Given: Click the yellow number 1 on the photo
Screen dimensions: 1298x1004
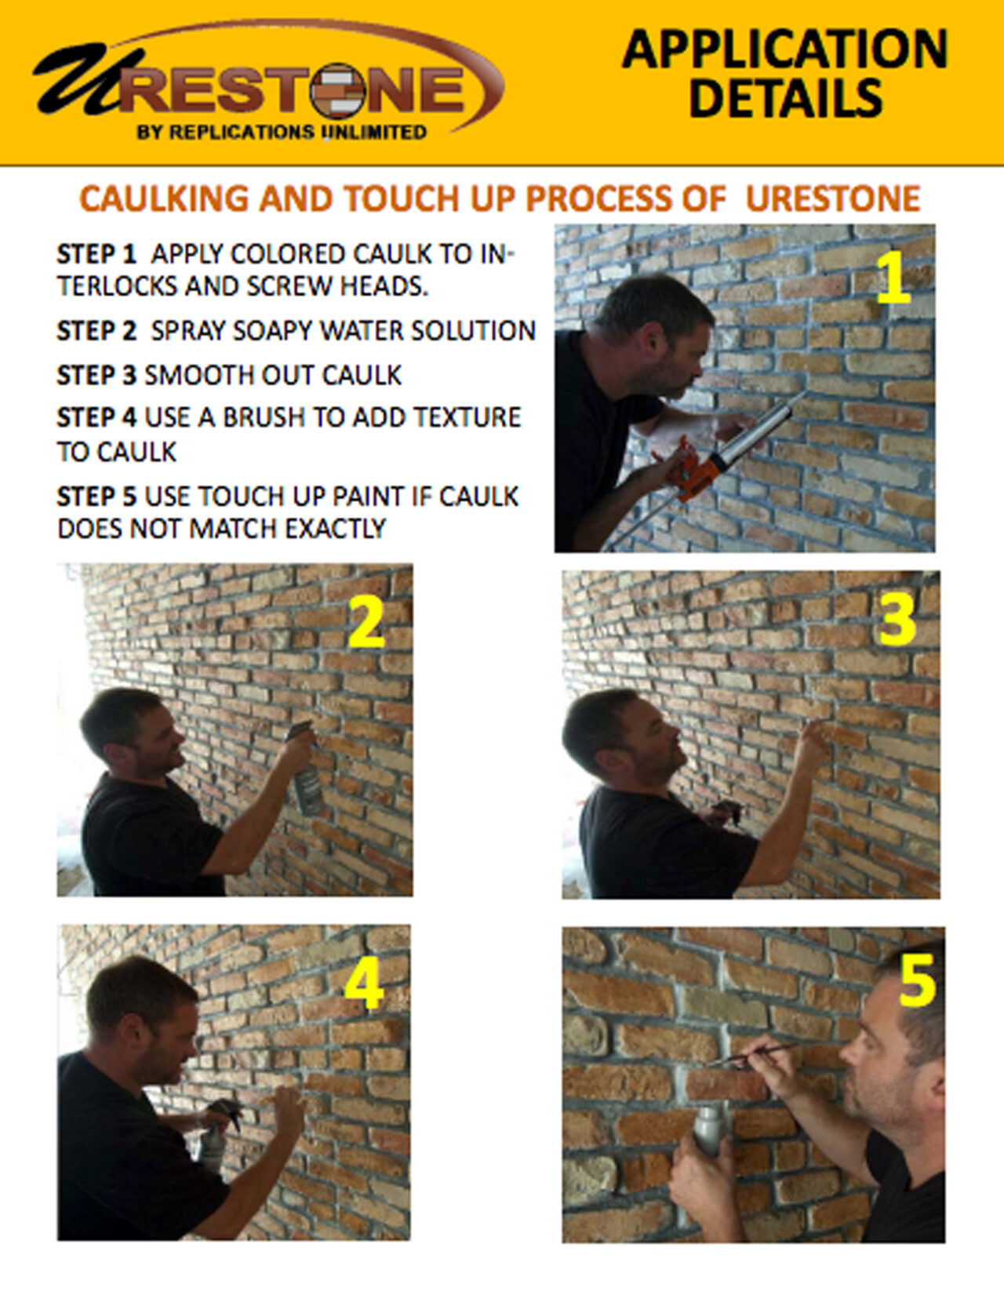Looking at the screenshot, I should [x=893, y=280].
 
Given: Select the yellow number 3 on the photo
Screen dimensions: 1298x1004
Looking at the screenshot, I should [x=897, y=620].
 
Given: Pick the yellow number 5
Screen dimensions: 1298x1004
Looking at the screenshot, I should [x=917, y=982].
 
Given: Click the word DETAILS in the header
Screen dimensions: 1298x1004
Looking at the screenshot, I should [x=785, y=98].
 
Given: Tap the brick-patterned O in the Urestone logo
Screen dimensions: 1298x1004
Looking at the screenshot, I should [x=337, y=91].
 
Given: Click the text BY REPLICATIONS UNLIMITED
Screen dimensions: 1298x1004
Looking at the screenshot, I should [x=282, y=132].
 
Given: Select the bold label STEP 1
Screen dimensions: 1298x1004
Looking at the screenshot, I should [x=96, y=254].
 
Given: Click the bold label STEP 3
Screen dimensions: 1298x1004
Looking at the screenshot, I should [x=96, y=375].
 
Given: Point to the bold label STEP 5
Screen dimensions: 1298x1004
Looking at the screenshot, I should [x=96, y=496].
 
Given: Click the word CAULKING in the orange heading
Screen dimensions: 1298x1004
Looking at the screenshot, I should [x=165, y=198].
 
